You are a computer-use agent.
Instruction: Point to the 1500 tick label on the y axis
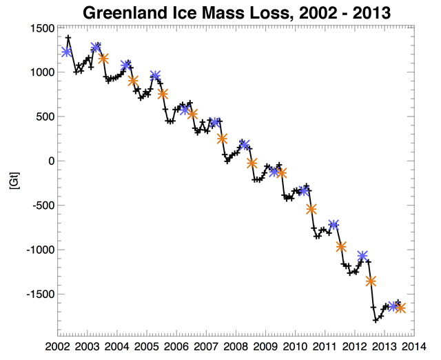click(41, 28)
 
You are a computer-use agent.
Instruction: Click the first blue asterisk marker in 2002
click(66, 52)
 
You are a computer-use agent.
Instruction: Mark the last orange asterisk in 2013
click(400, 308)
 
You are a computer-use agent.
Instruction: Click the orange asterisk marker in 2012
click(371, 281)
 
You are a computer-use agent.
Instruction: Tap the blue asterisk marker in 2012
click(362, 256)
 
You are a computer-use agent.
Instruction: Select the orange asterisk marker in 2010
click(311, 209)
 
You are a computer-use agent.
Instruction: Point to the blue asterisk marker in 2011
click(334, 224)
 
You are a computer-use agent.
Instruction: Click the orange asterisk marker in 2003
click(103, 59)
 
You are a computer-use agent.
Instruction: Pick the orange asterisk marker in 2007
click(222, 139)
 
